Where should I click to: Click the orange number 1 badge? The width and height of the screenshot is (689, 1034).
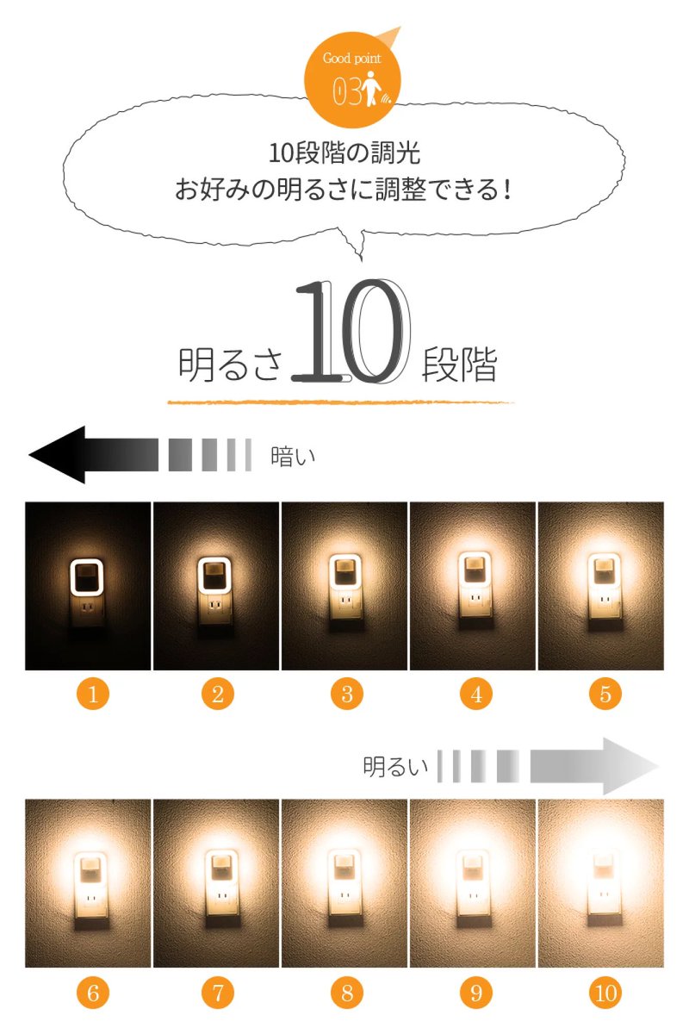(x=93, y=694)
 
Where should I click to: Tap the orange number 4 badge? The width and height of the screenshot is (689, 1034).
(x=476, y=694)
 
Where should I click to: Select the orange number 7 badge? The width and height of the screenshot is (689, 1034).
(x=218, y=993)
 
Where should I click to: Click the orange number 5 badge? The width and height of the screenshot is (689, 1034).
(x=605, y=694)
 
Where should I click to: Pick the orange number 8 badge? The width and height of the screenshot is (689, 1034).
(x=347, y=993)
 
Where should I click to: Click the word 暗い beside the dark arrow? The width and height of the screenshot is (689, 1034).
(x=293, y=457)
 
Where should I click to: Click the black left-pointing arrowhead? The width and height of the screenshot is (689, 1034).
(x=57, y=455)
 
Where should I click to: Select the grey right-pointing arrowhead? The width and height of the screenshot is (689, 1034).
(x=630, y=766)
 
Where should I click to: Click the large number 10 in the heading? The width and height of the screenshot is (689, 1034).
(x=351, y=331)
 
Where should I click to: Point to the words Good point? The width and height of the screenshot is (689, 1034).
(x=351, y=59)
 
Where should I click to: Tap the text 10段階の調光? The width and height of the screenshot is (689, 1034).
(x=344, y=153)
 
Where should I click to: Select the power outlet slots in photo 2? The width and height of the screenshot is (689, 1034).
(x=215, y=605)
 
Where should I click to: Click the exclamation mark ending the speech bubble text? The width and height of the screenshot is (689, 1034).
(x=507, y=190)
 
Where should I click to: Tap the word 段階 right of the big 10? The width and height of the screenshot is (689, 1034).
(x=459, y=364)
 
